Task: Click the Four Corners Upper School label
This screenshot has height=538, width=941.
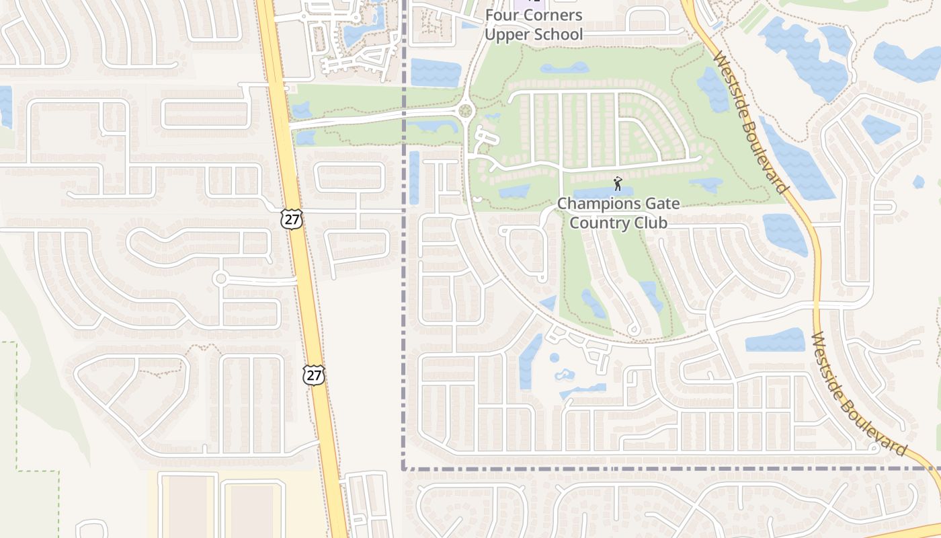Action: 534,25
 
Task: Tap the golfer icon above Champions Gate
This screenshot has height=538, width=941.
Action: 618,183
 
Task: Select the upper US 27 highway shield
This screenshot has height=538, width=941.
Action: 292,219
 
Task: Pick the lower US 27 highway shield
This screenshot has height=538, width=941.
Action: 314,375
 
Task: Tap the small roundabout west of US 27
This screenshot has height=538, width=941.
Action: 220,278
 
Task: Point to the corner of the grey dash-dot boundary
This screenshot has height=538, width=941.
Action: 404,469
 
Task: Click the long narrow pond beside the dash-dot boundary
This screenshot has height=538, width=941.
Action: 414,177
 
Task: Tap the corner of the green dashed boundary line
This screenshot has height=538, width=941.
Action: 16,342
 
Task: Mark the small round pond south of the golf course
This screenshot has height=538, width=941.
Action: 555,358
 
